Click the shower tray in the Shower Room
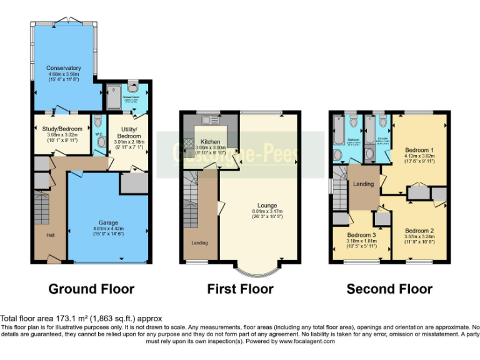tap(115, 99)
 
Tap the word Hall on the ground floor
tap(50, 235)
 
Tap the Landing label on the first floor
tap(200, 242)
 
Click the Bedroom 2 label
tap(419, 231)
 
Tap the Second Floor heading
tap(389, 289)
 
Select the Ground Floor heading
tap(91, 289)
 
